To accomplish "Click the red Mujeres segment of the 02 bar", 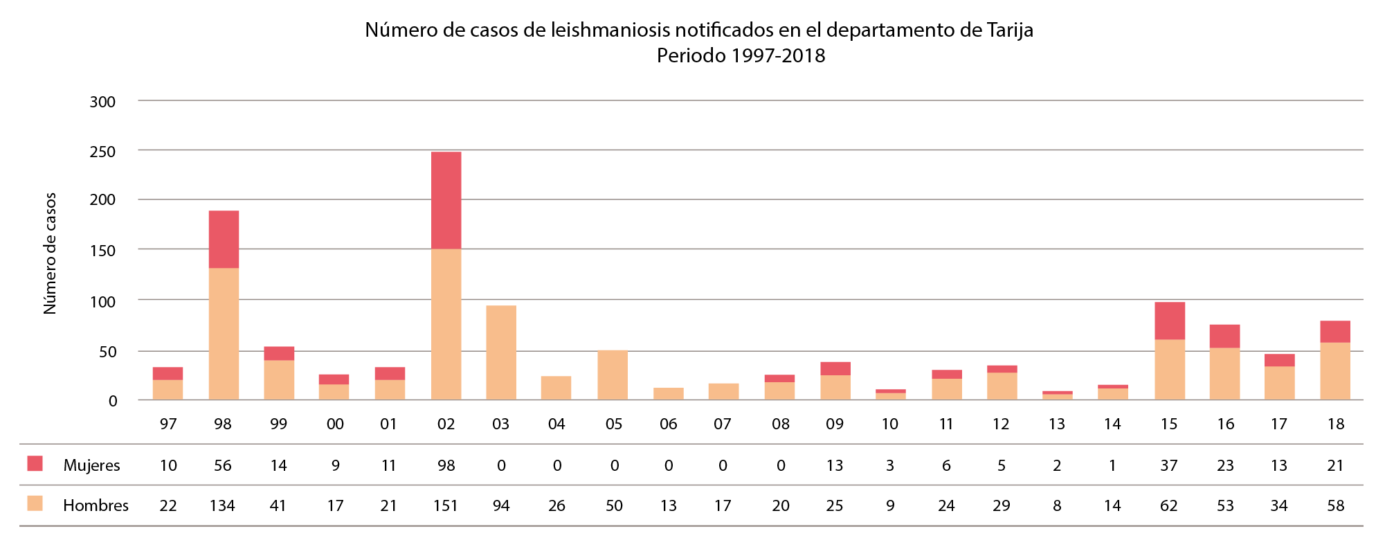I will coord(446,200).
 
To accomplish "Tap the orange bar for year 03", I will coord(501,352).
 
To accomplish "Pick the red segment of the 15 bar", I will coord(1170,321).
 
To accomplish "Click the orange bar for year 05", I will coord(613,375).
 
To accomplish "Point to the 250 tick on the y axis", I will coord(102,152).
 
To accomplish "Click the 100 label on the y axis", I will coord(102,302).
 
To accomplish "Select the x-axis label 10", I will coord(889,424).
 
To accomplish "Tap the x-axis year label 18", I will coord(1336,424).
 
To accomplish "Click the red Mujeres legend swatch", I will coord(35,464).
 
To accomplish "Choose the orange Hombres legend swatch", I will coord(35,503).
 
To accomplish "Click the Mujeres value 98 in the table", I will coord(446,465).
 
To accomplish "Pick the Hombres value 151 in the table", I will coord(446,505).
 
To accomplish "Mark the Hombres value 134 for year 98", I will coord(222,505).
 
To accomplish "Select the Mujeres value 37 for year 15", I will coord(1169,465).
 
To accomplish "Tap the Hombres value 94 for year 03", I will coord(501,505).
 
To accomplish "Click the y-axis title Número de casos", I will coord(50,253).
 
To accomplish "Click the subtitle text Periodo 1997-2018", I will coord(741,55).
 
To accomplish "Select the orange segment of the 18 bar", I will coord(1335,371).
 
